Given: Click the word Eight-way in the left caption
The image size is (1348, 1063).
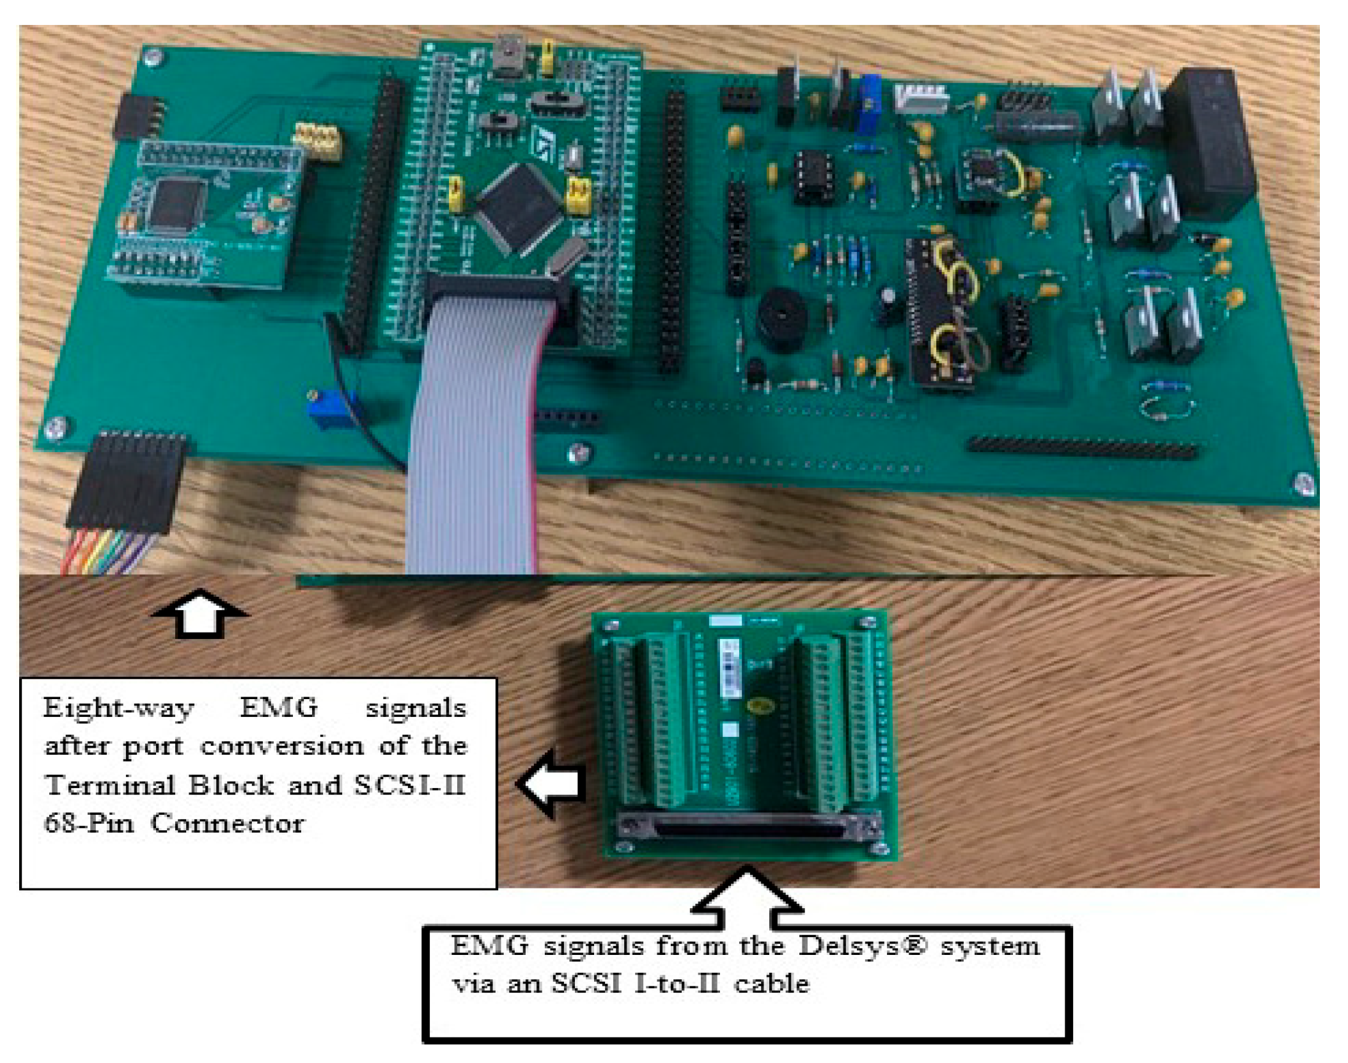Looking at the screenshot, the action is (x=118, y=709).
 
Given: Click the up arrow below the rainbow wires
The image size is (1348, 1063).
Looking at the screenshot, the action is (x=200, y=613).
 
